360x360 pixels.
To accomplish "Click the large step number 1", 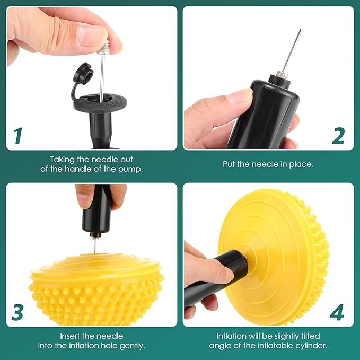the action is pyautogui.click(x=18, y=135).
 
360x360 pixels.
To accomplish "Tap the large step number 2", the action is pyautogui.click(x=338, y=135).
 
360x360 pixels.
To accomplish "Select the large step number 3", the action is pyautogui.click(x=17, y=312).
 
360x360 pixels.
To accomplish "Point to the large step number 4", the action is pyautogui.click(x=337, y=312).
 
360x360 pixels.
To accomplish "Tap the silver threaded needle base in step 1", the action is pyautogui.click(x=104, y=47).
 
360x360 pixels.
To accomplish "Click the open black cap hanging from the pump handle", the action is pyautogui.click(x=84, y=73).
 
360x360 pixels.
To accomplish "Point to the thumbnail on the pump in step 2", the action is pyautogui.click(x=239, y=96).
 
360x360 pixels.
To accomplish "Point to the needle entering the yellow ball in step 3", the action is pyautogui.click(x=94, y=245).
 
